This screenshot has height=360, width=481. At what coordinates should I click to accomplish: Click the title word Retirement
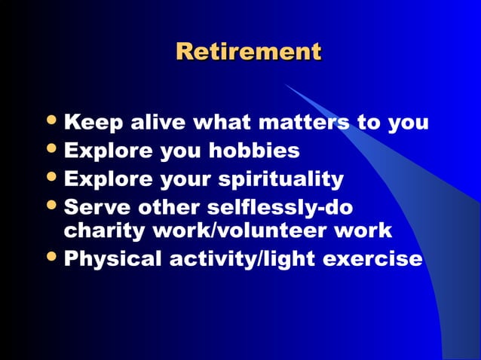(248, 52)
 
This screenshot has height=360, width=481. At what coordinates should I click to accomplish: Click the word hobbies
(258, 151)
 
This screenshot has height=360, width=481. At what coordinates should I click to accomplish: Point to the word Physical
(114, 259)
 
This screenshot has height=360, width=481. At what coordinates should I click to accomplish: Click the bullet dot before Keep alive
(51, 121)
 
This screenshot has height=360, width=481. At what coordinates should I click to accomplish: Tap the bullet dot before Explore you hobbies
(51, 151)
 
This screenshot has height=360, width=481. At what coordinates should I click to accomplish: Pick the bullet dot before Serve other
(51, 206)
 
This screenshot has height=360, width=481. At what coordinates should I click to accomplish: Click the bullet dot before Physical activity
(51, 258)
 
